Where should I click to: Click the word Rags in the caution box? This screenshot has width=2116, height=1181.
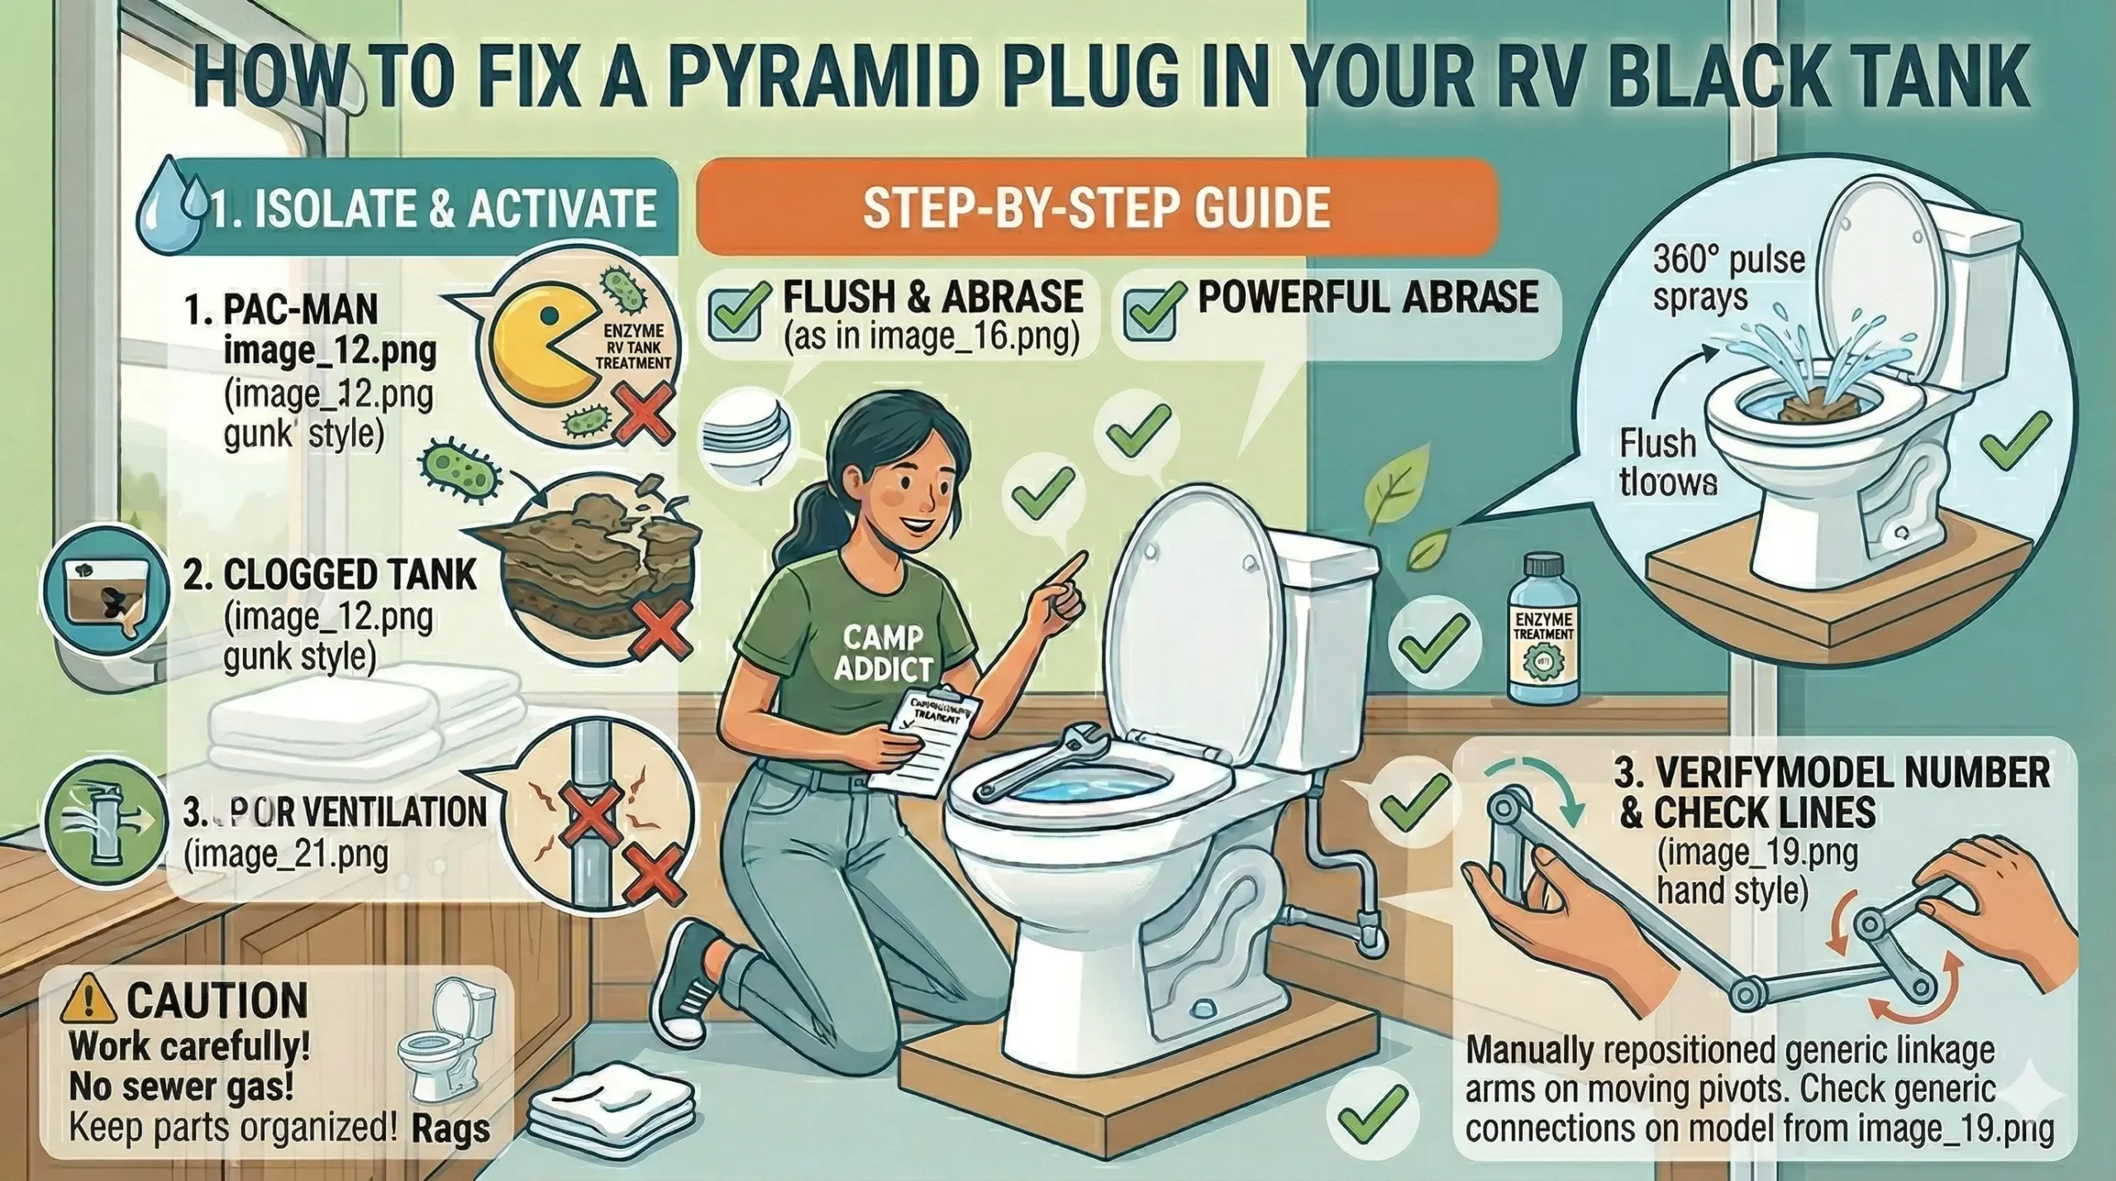[450, 1129]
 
